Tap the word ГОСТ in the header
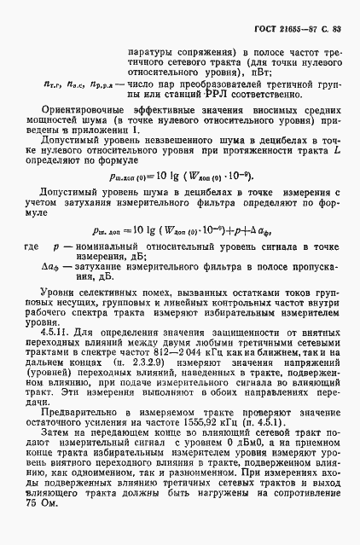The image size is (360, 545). [264, 32]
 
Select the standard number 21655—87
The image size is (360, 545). [299, 32]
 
